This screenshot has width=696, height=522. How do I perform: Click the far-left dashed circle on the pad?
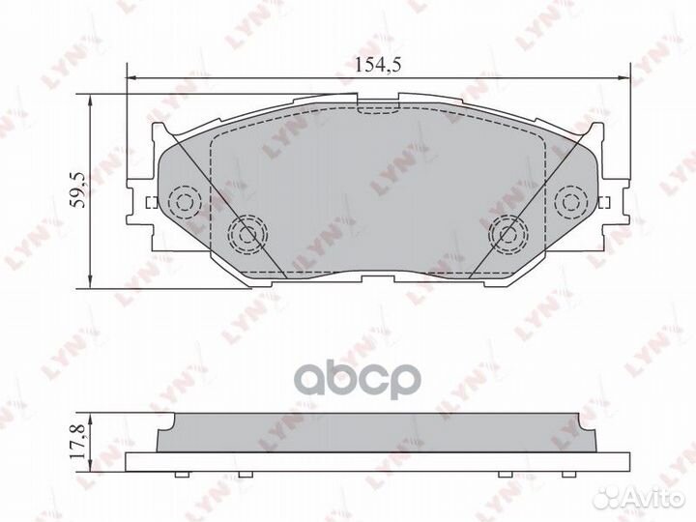click(183, 201)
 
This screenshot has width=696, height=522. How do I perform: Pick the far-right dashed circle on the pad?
click(573, 201)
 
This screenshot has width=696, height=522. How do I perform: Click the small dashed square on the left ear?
click(150, 202)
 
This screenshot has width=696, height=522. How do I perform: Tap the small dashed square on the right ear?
click(606, 202)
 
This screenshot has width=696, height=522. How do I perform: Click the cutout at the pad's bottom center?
click(378, 278)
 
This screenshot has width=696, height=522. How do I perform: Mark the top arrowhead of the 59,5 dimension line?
click(90, 101)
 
